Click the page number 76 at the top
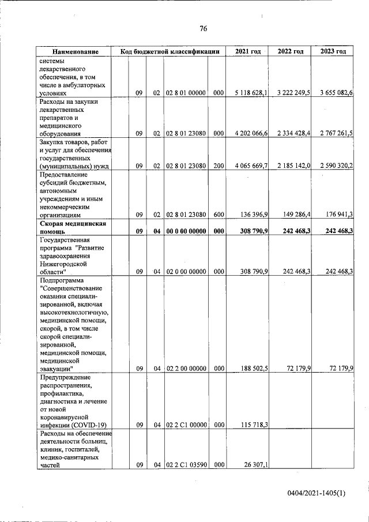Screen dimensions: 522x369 click(203, 29)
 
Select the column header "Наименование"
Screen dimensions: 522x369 click(74, 52)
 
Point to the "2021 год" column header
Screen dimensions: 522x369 click(248, 52)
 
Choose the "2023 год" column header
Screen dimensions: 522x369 click(333, 52)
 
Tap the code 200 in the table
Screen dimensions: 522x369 click(218, 166)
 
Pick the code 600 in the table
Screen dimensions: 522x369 click(218, 215)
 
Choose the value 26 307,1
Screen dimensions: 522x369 click(255, 465)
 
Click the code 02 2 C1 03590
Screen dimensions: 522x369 click(186, 465)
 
